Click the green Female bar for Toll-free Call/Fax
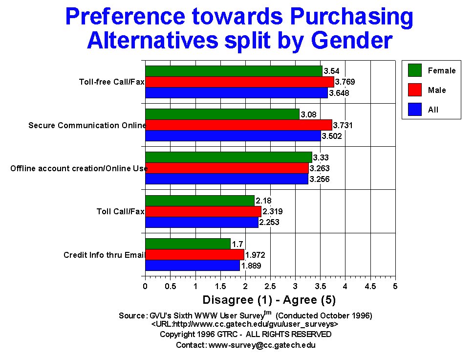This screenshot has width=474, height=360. pyautogui.click(x=234, y=71)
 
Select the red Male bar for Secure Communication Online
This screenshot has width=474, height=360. pyautogui.click(x=238, y=125)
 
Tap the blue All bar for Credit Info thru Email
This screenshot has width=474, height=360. pyautogui.click(x=193, y=266)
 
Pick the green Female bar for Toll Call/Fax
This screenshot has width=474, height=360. pyautogui.click(x=200, y=201)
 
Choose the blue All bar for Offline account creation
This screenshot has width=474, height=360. pyautogui.click(x=227, y=179)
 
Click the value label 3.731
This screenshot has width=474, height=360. pyautogui.click(x=343, y=125)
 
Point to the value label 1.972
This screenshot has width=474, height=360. pyautogui.click(x=255, y=255)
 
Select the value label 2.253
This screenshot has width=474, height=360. pyautogui.click(x=269, y=223)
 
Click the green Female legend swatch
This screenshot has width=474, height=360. pyautogui.click(x=414, y=70)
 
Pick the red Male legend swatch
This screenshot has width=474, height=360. pyautogui.click(x=414, y=90)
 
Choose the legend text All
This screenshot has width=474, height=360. pyautogui.click(x=433, y=110)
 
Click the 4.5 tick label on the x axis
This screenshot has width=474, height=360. pyautogui.click(x=370, y=285)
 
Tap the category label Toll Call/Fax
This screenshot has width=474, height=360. pyautogui.click(x=120, y=212)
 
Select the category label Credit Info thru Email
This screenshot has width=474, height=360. pyautogui.click(x=105, y=255)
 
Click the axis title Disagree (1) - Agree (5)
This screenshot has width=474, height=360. pyautogui.click(x=269, y=299)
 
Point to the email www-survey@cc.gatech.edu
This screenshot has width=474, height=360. pyautogui.click(x=262, y=345)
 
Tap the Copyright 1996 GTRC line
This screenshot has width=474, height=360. pyautogui.click(x=246, y=335)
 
